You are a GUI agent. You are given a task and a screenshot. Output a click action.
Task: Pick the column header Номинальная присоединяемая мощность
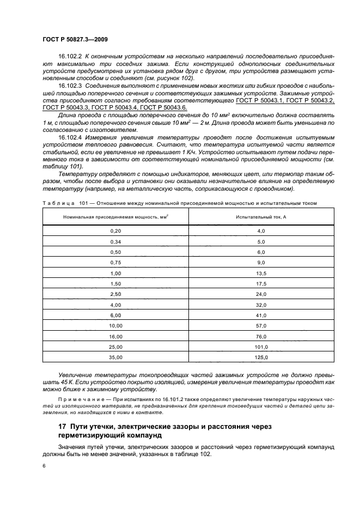[115, 216]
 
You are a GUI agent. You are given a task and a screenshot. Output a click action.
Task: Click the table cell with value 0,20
[115, 231]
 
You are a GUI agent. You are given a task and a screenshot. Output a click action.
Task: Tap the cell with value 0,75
[115, 263]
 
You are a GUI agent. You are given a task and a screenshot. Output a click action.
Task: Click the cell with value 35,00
[115, 357]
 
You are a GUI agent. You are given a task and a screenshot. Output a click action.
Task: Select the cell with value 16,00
[115, 336]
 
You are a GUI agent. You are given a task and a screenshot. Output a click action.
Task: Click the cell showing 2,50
[115, 294]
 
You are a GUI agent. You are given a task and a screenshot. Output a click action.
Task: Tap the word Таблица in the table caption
[57, 203]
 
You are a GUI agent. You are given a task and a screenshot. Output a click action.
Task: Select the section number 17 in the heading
[62, 426]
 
